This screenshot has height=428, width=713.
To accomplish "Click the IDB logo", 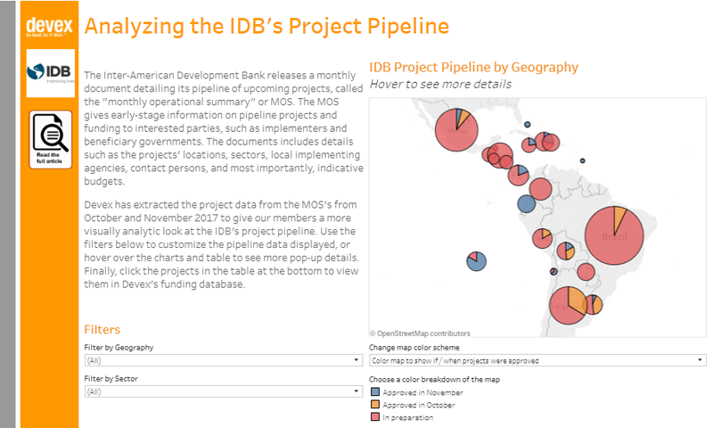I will (x=50, y=73).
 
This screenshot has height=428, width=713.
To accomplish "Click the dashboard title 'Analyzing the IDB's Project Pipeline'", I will (x=266, y=25).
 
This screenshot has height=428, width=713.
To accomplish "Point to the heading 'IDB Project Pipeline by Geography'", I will (x=473, y=67).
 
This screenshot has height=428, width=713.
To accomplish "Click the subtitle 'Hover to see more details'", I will (x=440, y=84).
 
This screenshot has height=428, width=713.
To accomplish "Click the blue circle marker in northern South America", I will (x=527, y=203).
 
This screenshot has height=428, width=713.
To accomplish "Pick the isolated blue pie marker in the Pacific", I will (x=476, y=260).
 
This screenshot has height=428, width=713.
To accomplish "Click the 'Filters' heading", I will (x=102, y=329).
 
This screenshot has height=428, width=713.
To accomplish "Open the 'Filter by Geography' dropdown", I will (x=223, y=360).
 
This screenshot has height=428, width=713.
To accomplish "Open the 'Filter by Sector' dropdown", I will (x=223, y=391).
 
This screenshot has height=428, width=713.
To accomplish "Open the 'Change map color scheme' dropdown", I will (x=537, y=360).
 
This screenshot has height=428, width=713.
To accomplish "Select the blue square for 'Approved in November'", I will (x=375, y=392).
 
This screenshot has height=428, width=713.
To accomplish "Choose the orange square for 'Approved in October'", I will (x=375, y=405).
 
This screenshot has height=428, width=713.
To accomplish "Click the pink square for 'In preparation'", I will (x=375, y=417).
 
